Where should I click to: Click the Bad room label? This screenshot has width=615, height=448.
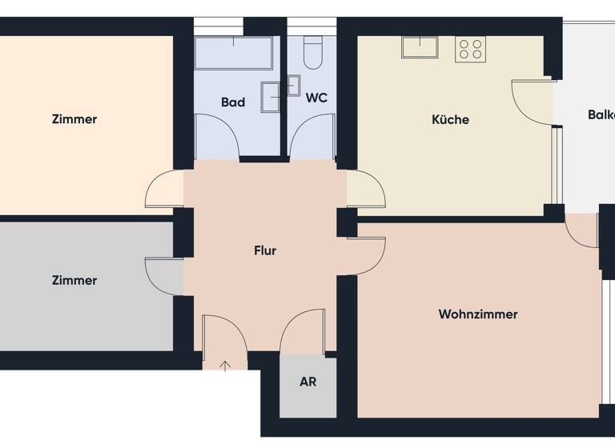[233, 102]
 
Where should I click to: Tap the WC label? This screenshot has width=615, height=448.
[316, 98]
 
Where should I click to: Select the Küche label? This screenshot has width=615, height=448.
[450, 120]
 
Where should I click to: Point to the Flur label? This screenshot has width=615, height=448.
[265, 250]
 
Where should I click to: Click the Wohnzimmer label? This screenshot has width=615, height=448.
[477, 314]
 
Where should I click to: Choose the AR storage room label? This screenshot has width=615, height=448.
[307, 382]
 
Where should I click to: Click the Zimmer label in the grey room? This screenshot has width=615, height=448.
[74, 281]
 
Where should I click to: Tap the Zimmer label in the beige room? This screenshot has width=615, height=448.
[74, 119]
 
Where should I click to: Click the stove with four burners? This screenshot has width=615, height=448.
[471, 50]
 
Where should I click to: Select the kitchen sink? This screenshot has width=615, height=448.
[420, 47]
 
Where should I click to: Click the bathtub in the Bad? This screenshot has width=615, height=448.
[233, 54]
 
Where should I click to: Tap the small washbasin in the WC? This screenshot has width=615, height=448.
[294, 85]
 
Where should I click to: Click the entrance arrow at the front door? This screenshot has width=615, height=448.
[226, 366]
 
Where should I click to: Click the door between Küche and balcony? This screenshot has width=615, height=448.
[532, 100]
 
